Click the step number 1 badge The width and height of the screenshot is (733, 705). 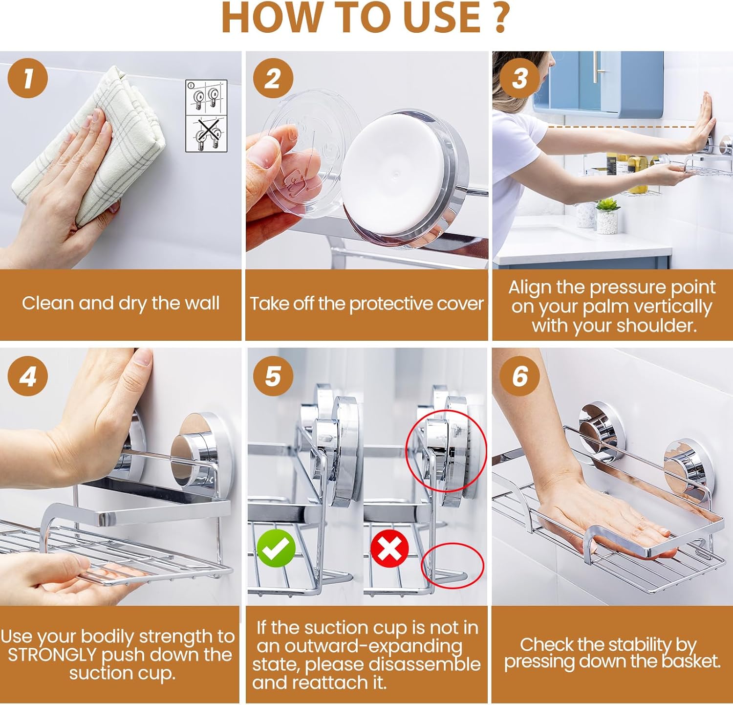coord(28,78)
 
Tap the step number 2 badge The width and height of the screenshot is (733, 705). coord(273,78)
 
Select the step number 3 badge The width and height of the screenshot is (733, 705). coord(520,78)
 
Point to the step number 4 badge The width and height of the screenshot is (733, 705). coord(28,376)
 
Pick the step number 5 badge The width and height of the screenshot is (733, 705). coord(273,376)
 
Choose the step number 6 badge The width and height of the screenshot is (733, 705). coord(520,376)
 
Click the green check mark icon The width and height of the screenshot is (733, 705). coord(276,548)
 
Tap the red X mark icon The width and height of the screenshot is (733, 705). coord(389,548)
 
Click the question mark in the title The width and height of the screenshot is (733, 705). coord(500,18)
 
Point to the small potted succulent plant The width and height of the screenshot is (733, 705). coord(607,216)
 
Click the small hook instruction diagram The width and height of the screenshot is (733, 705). coord(206,116)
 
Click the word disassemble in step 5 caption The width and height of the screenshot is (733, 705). coord(424,664)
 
